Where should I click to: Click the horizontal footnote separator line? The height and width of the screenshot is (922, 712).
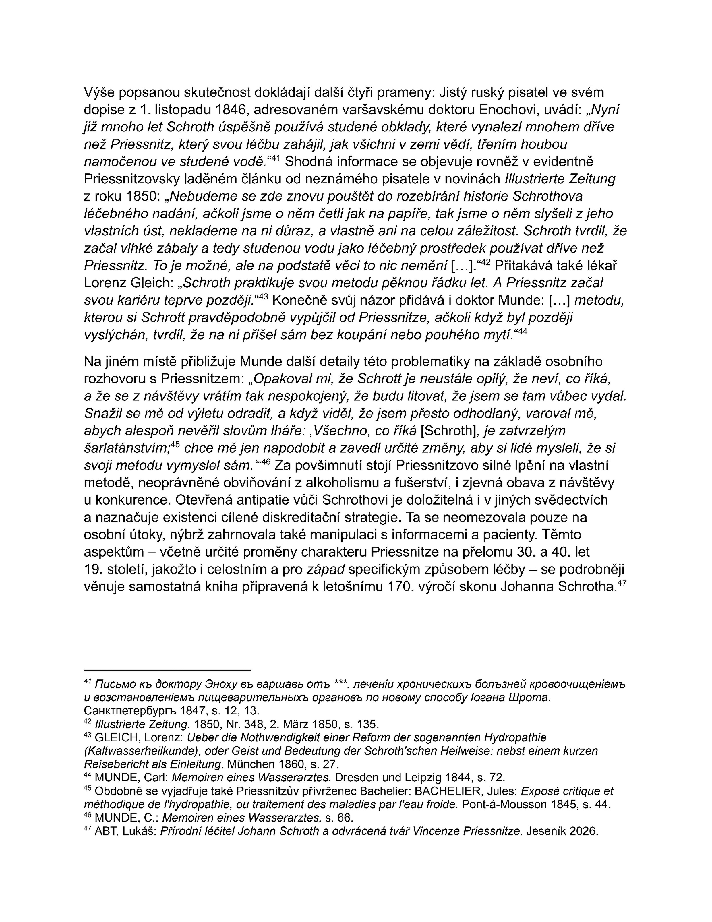tap(168, 670)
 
